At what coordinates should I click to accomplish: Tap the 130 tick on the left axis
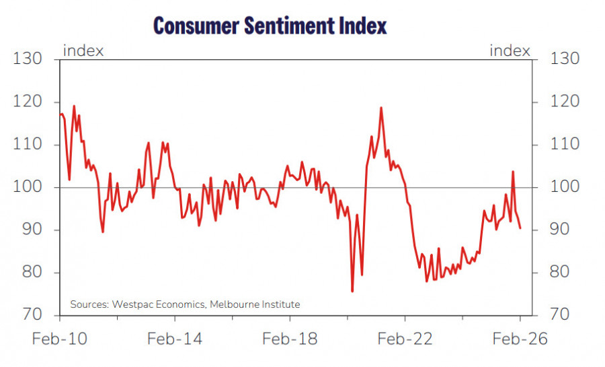point(28,59)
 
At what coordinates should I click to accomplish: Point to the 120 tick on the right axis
point(565,102)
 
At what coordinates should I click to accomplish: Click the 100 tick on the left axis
point(28,187)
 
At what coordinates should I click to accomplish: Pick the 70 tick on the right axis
point(565,315)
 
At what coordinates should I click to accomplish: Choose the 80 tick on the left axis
point(28,273)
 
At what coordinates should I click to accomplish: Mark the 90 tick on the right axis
point(565,230)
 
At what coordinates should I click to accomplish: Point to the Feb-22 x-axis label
point(405,339)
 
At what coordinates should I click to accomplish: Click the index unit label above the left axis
point(83,51)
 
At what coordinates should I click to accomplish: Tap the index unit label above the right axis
point(510,51)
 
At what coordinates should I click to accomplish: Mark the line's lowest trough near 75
point(352,291)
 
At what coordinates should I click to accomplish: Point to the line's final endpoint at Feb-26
point(520,228)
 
